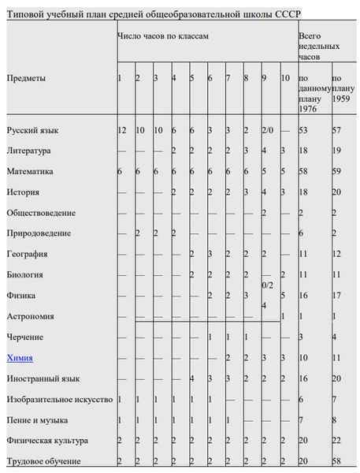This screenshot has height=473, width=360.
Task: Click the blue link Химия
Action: coord(20,358)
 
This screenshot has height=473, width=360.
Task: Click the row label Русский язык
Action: coord(32,129)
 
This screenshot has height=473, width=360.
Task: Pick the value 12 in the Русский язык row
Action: coord(121,129)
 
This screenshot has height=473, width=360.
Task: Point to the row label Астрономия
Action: coord(30,316)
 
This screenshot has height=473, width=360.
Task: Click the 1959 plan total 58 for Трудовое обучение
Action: coord(337,461)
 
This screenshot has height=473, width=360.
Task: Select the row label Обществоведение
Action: coord(41,213)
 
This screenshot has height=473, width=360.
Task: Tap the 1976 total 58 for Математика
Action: coord(305,171)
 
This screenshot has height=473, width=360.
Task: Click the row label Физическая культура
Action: coord(47,441)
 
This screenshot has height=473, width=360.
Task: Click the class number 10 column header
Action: coord(285,78)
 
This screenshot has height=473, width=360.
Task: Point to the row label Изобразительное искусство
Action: coord(60,400)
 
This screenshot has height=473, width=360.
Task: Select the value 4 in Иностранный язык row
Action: coord(192,378)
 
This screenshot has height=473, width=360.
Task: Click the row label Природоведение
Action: coord(39,233)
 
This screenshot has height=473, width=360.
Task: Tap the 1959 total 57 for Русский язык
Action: coord(337,129)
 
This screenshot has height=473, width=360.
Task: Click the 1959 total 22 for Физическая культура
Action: coord(337,441)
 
